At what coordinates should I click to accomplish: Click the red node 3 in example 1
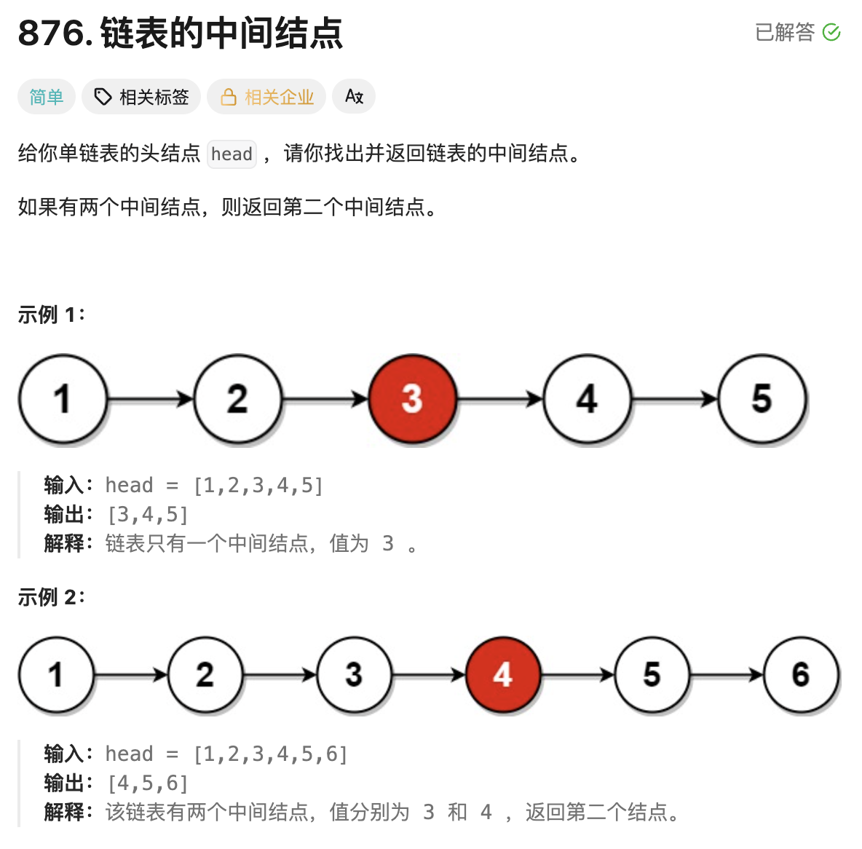[412, 399]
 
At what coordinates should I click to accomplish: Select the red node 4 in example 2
[502, 675]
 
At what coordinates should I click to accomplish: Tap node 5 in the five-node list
[762, 399]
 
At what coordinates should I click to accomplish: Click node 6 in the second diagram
[801, 675]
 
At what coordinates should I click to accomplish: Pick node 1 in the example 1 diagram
[63, 399]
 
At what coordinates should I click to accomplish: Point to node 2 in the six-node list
[205, 675]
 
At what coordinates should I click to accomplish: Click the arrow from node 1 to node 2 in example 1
[150, 399]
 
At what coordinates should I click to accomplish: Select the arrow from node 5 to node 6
[726, 675]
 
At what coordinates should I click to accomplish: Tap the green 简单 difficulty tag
[47, 97]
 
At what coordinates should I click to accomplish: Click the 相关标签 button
[141, 97]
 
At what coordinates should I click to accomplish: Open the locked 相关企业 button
[266, 97]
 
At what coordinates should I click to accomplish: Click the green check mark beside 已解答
[831, 32]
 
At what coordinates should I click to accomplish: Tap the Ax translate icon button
[354, 97]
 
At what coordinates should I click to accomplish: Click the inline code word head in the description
[232, 154]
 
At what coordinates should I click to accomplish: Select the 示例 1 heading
[51, 315]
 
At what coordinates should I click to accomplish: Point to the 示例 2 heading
[51, 597]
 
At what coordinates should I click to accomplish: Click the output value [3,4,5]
[148, 515]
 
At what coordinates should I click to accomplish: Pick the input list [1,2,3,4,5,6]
[271, 754]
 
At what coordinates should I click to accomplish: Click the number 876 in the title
[51, 33]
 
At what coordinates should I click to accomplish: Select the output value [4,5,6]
[148, 783]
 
